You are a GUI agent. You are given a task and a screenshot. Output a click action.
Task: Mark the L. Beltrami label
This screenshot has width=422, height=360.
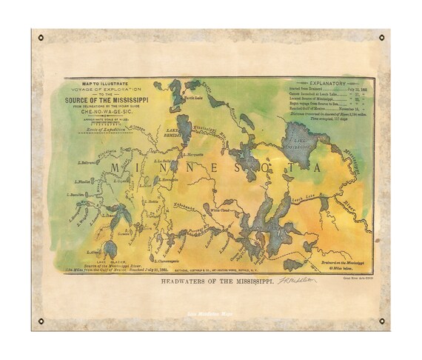tap(89, 161)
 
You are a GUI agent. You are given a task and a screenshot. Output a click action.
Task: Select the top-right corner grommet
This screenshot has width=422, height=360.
tap(382, 38)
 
